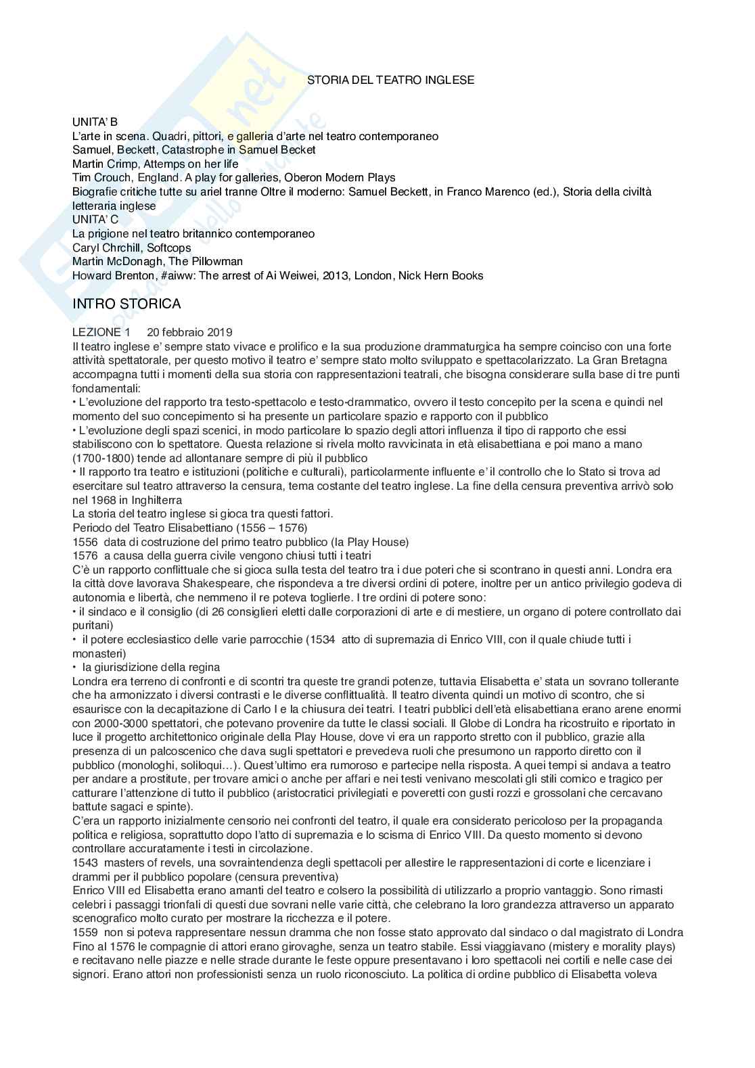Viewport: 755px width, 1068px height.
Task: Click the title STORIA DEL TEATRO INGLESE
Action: pos(390,80)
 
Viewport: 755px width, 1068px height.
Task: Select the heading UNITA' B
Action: pos(95,122)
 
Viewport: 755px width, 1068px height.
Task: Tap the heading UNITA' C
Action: pos(95,219)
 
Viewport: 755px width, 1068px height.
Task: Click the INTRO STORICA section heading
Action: pos(127,304)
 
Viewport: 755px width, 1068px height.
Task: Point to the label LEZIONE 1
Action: pos(101,332)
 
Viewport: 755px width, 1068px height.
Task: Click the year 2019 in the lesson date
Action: pos(219,332)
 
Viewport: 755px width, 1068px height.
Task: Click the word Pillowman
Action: pos(215,261)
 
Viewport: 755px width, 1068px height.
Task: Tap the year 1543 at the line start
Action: pos(85,862)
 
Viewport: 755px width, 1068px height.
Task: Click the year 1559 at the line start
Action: pos(85,932)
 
